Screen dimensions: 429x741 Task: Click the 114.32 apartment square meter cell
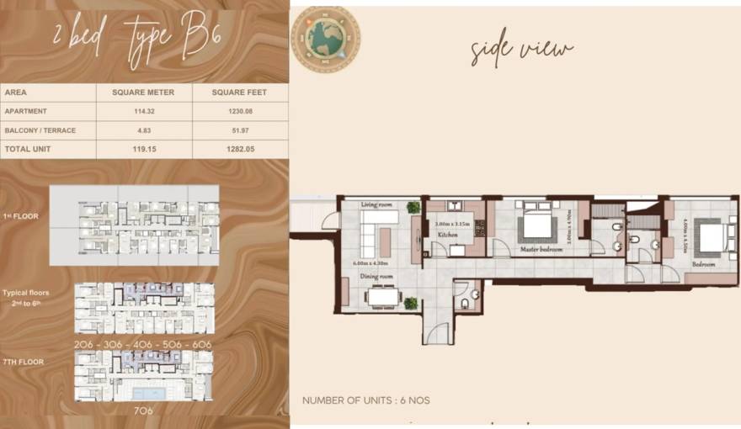tap(143, 111)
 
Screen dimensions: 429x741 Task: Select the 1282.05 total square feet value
tap(240, 149)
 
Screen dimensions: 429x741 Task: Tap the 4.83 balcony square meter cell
tap(143, 130)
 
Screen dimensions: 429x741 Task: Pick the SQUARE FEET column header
tap(240, 93)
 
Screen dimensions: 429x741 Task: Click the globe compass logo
tap(325, 39)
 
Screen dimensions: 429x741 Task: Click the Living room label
tap(377, 204)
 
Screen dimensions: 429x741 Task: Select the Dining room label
tap(377, 277)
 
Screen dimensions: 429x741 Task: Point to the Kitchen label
tap(447, 236)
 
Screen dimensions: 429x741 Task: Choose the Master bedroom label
tap(540, 248)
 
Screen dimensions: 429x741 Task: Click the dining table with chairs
tap(383, 296)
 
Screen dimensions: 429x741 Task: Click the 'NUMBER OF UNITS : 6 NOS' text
tap(365, 400)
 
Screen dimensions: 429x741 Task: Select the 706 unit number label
tap(143, 412)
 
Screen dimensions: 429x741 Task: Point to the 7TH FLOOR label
tap(24, 362)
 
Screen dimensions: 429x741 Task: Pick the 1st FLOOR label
tap(22, 216)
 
